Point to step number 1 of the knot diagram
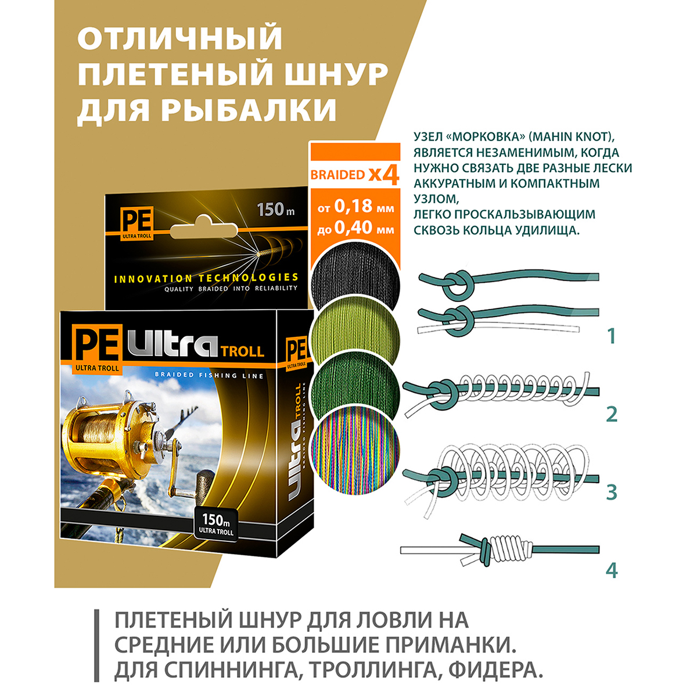coord(611,337)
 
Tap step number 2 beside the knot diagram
coord(611,415)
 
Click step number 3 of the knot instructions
coord(611,493)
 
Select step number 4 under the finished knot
coord(611,570)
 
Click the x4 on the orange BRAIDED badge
coord(384,175)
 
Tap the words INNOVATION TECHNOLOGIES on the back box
coord(206,278)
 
